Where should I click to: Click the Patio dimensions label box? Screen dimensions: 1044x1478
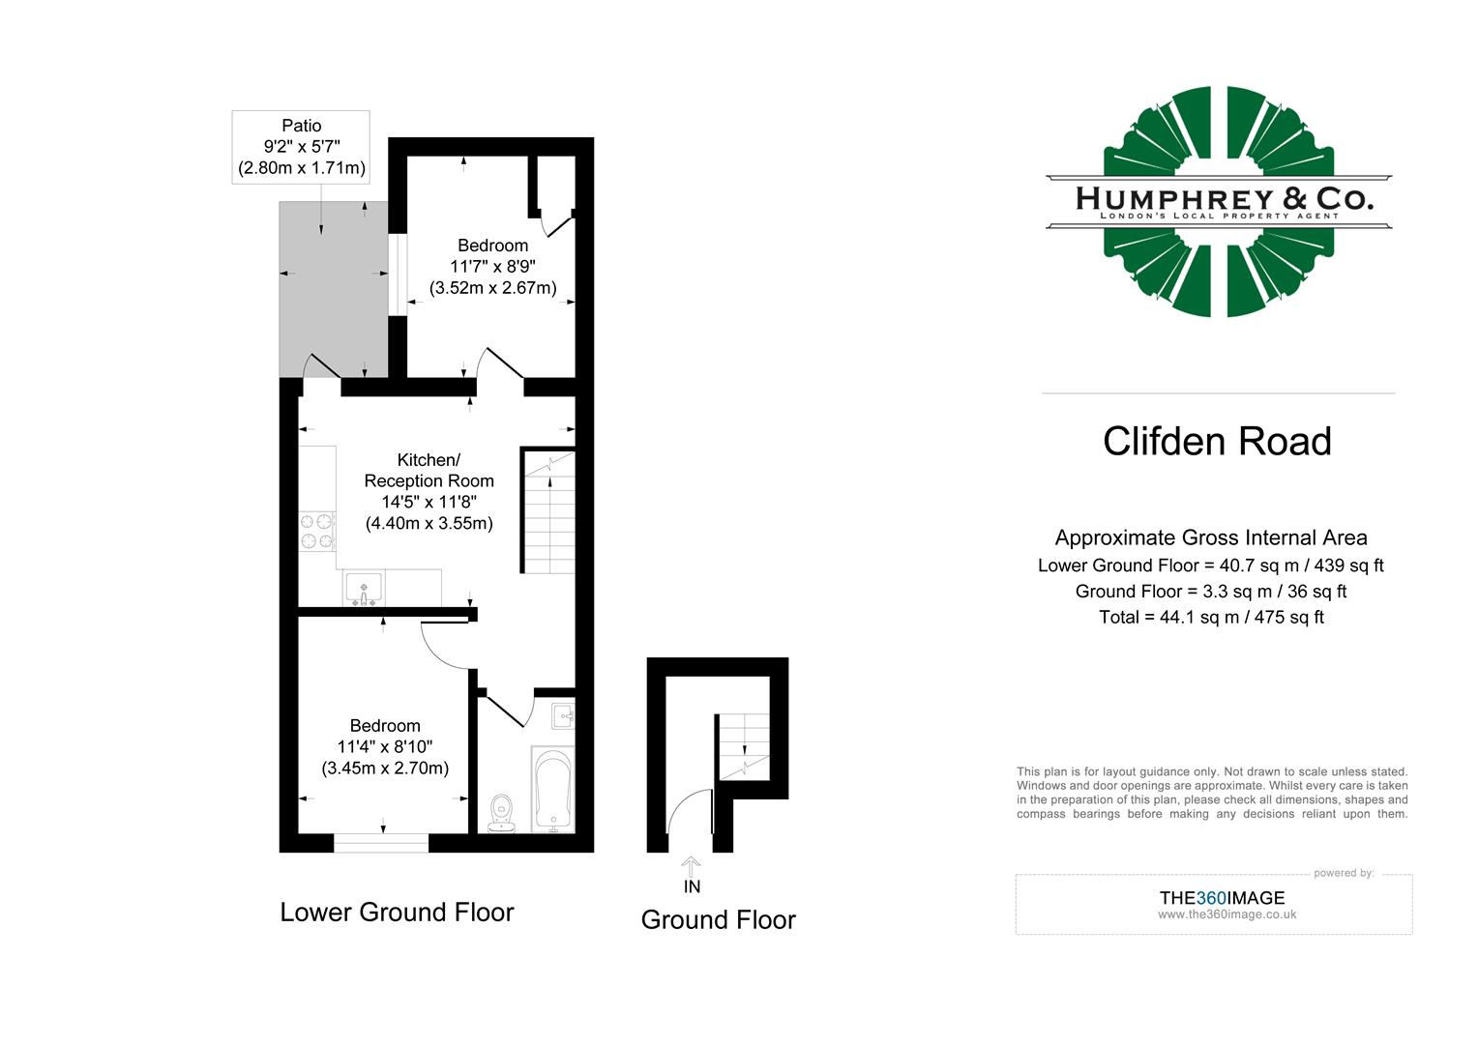[301, 147]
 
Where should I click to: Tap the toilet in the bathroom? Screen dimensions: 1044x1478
[502, 813]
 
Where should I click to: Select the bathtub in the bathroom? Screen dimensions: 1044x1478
[553, 789]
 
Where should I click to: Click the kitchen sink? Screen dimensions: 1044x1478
[364, 589]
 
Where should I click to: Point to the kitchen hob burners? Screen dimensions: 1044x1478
[316, 531]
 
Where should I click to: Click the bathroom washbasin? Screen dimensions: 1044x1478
[563, 715]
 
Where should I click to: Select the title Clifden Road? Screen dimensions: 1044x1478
[1217, 442]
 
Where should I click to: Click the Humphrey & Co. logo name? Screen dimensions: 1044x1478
[1224, 199]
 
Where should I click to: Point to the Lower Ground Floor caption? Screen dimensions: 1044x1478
[397, 913]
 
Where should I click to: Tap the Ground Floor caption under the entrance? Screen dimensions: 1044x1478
[718, 920]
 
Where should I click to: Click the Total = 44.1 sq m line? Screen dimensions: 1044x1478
[1211, 617]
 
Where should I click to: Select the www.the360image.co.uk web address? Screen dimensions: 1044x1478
[1227, 914]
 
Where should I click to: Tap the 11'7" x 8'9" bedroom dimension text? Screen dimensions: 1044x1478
[492, 266]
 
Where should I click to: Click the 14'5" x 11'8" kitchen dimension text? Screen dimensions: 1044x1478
[429, 502]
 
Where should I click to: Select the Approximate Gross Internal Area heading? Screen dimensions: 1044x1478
[1211, 537]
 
